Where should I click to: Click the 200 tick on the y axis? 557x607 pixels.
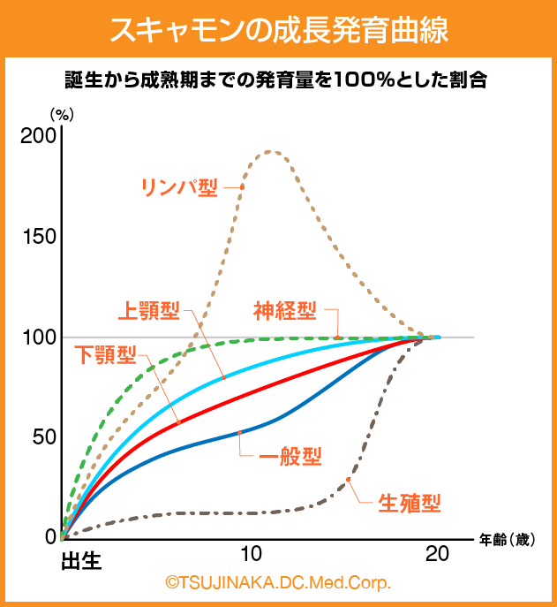(x=38, y=136)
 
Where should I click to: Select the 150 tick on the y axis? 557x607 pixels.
(x=38, y=237)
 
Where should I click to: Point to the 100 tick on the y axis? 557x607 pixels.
(x=38, y=338)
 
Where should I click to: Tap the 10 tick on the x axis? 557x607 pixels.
(x=251, y=555)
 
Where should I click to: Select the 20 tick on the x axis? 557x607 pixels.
(x=436, y=555)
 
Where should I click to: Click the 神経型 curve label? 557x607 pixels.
(x=284, y=310)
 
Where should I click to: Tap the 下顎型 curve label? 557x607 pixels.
(x=104, y=355)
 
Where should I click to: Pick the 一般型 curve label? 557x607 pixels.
(x=290, y=457)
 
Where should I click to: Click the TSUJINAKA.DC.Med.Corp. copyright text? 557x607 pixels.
(x=277, y=583)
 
